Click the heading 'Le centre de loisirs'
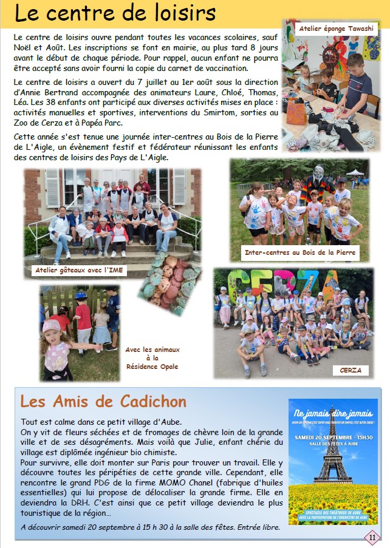115,13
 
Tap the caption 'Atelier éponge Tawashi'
336,29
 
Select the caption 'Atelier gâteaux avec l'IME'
80,271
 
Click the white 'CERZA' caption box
351,370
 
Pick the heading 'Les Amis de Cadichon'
103,402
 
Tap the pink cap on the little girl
52,326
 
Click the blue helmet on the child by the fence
81,296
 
